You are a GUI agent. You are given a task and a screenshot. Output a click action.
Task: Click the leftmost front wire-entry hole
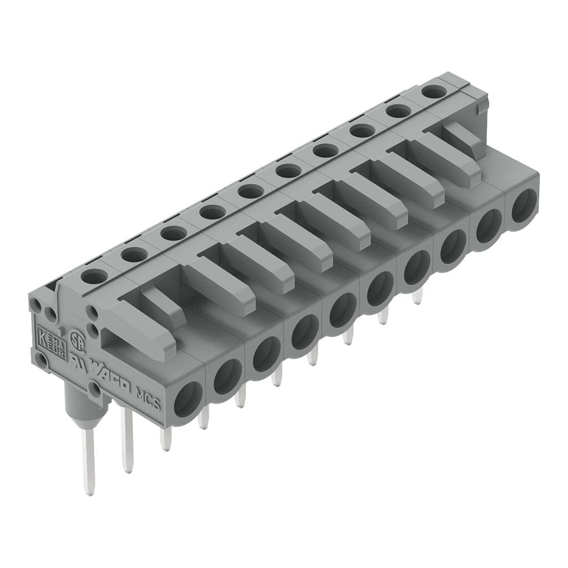pos(188,398)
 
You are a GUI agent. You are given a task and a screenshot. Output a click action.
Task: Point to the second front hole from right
pos(489,226)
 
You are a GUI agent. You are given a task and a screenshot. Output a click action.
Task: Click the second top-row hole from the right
pos(398,111)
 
